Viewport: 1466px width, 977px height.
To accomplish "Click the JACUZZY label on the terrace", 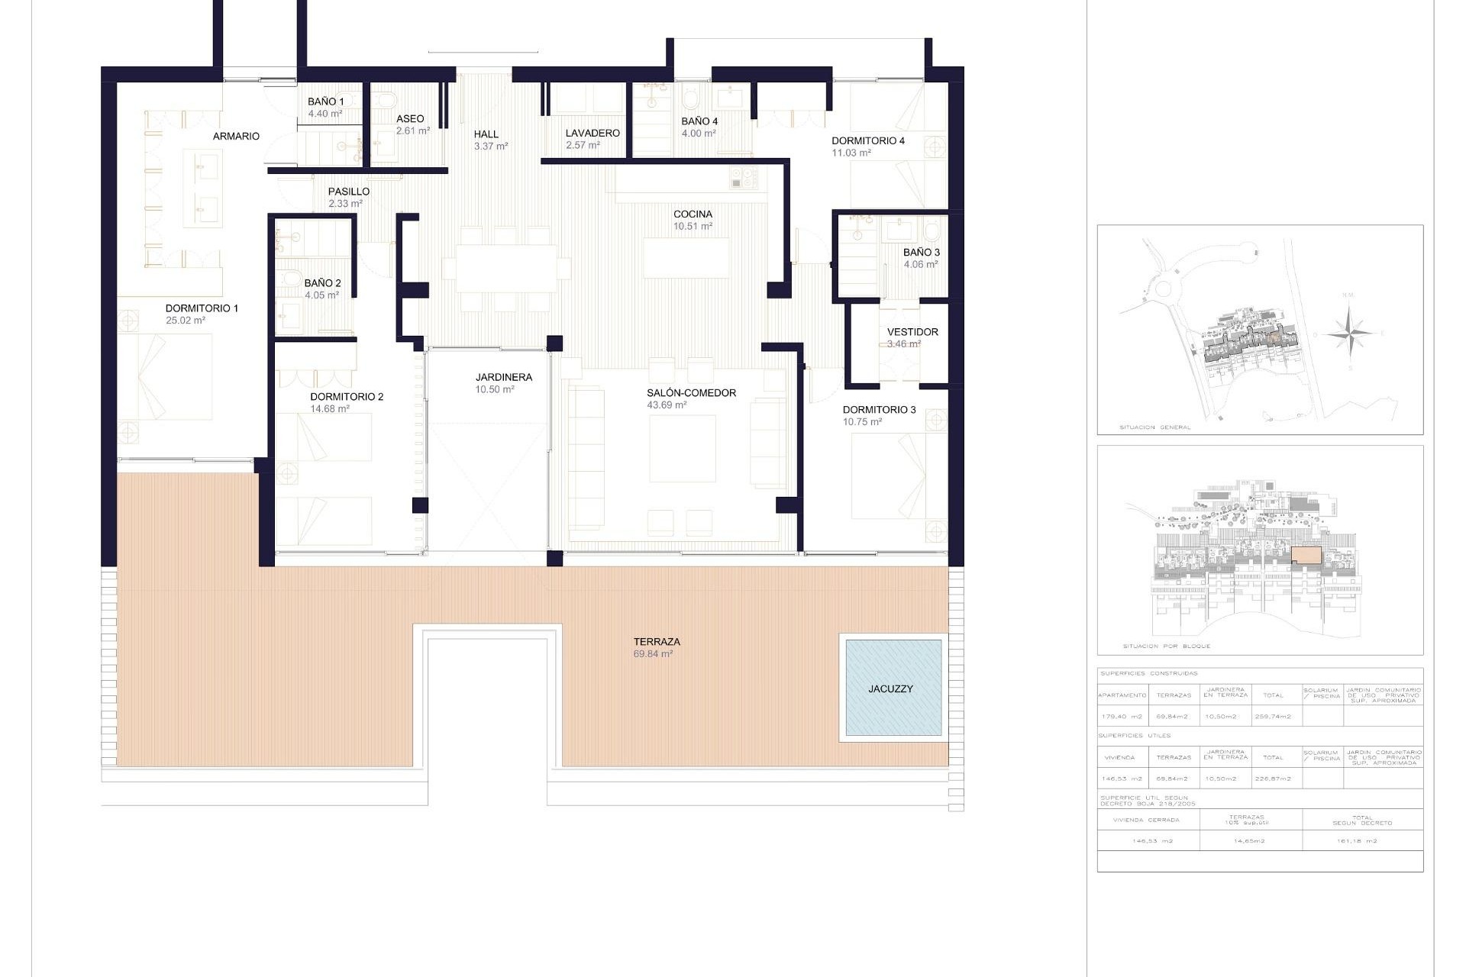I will click(x=890, y=688).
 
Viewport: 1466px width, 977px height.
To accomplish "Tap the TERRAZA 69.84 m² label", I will click(x=655, y=647).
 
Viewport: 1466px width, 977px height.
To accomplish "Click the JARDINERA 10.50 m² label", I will click(x=503, y=382).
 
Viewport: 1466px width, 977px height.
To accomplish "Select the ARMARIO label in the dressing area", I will click(x=236, y=136).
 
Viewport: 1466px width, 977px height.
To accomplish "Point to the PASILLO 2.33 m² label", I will click(x=348, y=197).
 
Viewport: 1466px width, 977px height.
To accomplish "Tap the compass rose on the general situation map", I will click(x=1349, y=333).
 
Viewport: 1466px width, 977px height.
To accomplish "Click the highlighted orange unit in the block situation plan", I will click(x=1306, y=556).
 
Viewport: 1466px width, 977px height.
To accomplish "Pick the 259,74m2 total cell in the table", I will click(x=1272, y=716).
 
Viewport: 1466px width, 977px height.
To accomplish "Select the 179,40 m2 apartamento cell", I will click(x=1122, y=716).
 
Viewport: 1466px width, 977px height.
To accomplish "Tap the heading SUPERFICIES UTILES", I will click(x=1134, y=736).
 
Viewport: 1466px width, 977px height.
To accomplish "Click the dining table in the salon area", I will click(x=506, y=268).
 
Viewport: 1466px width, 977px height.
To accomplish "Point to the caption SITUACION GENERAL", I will click(x=1154, y=427).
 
